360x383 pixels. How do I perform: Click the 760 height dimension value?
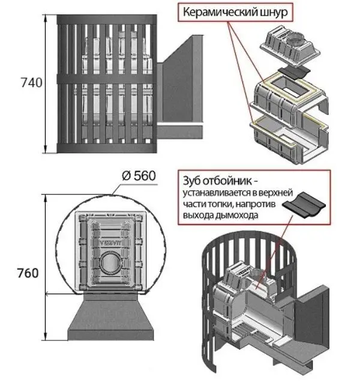(x=28, y=273)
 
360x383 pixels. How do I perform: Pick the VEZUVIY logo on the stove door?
(x=109, y=244)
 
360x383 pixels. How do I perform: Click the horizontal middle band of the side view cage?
(x=105, y=79)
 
